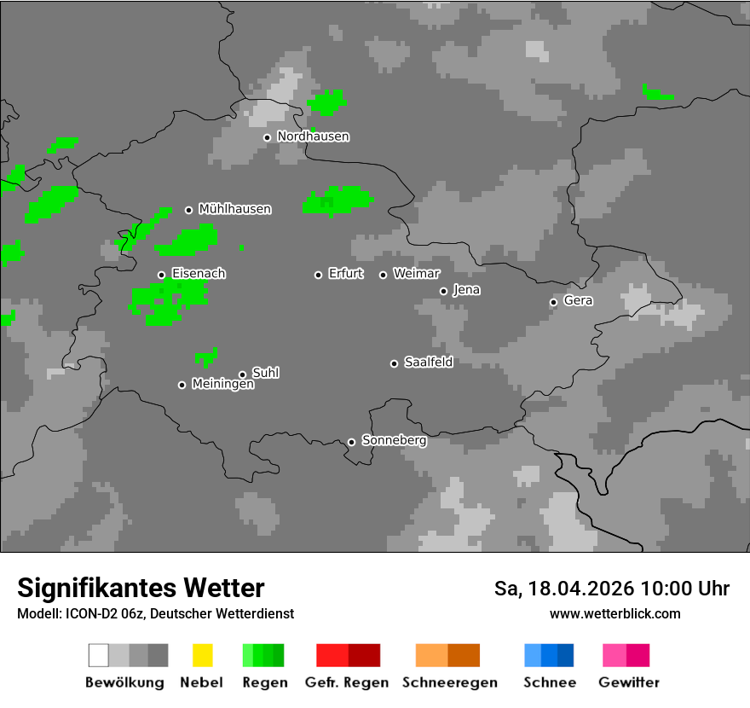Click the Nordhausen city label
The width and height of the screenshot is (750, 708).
tap(313, 136)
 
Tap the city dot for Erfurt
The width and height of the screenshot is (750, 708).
tap(318, 275)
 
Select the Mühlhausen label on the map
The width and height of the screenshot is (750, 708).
tap(234, 209)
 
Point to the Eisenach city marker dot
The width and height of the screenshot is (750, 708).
tap(161, 275)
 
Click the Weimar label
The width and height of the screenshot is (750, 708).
tap(416, 274)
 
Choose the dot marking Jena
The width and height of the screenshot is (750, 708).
tap(443, 291)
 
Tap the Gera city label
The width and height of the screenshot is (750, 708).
tap(578, 301)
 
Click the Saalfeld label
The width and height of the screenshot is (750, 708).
tap(428, 363)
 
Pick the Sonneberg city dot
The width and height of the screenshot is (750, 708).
tap(351, 442)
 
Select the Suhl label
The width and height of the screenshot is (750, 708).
tap(265, 373)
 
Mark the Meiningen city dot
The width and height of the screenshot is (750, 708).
tap(182, 385)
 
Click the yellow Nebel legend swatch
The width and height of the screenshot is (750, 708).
tap(202, 655)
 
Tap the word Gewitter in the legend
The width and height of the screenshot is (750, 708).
tap(629, 682)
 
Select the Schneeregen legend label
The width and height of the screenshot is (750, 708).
tap(450, 682)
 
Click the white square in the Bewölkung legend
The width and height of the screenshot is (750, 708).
tap(98, 655)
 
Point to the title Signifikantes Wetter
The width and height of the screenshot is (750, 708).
tap(141, 589)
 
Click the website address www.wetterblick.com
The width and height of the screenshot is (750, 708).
tap(614, 614)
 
